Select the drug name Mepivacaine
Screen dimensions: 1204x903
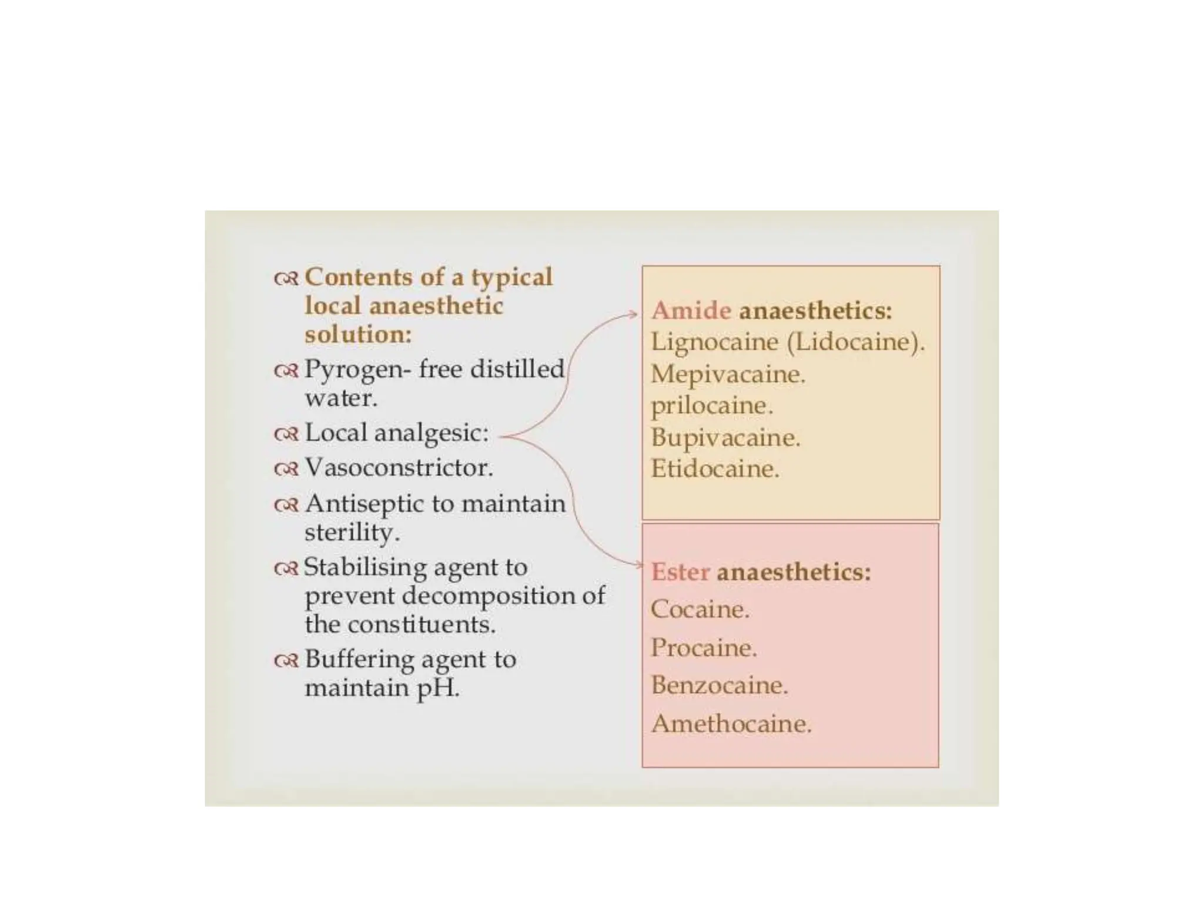coord(727,374)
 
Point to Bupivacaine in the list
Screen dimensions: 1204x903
coord(725,437)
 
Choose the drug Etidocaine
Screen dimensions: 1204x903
coord(714,469)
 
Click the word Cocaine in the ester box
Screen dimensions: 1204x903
coord(700,609)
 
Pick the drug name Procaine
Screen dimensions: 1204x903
coord(703,648)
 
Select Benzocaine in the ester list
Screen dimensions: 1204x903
coord(718,685)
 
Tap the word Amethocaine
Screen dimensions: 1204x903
coord(731,724)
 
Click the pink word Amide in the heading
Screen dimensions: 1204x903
coord(691,310)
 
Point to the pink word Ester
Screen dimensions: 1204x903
coord(680,572)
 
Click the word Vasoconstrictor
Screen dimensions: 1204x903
coord(399,468)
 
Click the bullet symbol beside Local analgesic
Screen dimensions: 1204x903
coord(286,434)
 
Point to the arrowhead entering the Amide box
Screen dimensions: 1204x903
coord(634,315)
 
